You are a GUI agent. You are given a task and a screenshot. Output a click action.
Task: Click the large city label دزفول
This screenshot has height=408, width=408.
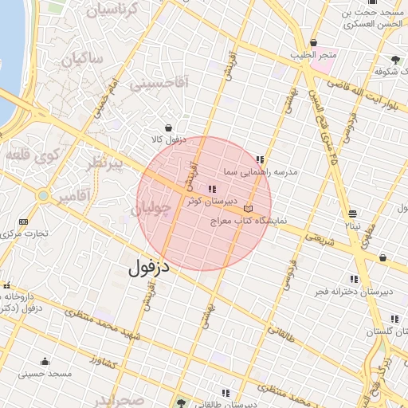pyautogui.click(x=149, y=267)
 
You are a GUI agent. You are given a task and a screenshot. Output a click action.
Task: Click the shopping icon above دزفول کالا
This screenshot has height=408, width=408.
pyautogui.click(x=168, y=127)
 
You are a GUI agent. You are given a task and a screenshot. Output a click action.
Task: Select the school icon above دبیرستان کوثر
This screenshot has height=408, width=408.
pyautogui.click(x=211, y=189)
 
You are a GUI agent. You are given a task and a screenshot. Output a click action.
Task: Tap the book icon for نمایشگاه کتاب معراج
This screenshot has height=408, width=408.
pyautogui.click(x=249, y=209)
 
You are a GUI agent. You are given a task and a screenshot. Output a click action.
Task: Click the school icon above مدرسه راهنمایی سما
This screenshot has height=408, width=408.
pyautogui.click(x=260, y=159)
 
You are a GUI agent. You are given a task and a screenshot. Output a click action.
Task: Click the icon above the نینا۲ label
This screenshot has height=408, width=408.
pyautogui.click(x=353, y=214)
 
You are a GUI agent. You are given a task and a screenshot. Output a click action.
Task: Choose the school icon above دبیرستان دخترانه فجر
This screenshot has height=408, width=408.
pyautogui.click(x=354, y=279)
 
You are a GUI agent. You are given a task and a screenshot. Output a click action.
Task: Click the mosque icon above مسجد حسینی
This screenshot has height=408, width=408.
pyautogui.click(x=45, y=360)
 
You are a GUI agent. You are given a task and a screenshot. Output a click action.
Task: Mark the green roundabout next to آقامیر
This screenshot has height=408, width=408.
pyautogui.click(x=42, y=195)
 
